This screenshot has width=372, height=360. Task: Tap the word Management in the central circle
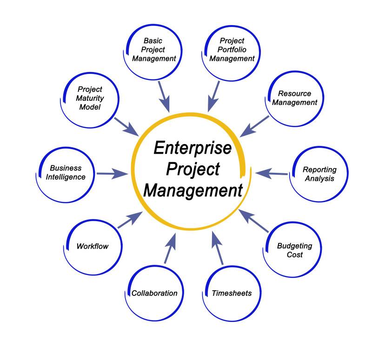pyautogui.click(x=193, y=190)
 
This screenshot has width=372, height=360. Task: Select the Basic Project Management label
pyautogui.click(x=154, y=50)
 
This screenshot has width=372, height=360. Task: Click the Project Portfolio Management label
pyautogui.click(x=232, y=50)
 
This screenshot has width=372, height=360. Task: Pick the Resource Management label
pyautogui.click(x=294, y=98)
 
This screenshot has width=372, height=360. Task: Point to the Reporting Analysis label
pyautogui.click(x=319, y=174)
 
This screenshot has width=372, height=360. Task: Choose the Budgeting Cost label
pyautogui.click(x=294, y=250)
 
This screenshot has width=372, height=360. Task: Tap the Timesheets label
pyautogui.click(x=232, y=293)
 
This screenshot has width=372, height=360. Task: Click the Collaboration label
pyautogui.click(x=154, y=293)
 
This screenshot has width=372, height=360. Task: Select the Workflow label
pyautogui.click(x=92, y=246)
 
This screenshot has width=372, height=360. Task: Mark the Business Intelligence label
pyautogui.click(x=66, y=172)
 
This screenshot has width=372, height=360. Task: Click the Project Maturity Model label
pyautogui.click(x=90, y=98)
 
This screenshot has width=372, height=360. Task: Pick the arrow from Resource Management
pyautogui.click(x=254, y=126)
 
